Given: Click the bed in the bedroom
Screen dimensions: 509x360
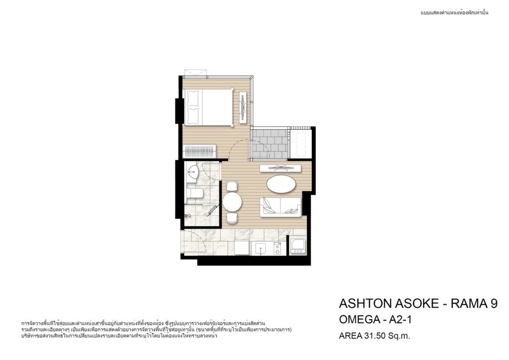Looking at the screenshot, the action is click(x=208, y=107).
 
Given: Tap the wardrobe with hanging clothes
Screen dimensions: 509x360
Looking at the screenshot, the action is click(x=200, y=150).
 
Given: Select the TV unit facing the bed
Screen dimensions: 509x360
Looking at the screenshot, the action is click(x=244, y=107).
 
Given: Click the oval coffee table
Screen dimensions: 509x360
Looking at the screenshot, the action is click(x=281, y=184).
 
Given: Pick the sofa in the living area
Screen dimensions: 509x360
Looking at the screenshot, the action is click(x=280, y=207).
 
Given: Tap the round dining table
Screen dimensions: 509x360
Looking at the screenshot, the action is click(x=233, y=202).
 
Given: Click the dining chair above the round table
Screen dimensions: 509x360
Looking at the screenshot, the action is click(x=232, y=185).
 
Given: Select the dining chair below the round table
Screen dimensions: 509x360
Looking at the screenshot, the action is click(x=232, y=218).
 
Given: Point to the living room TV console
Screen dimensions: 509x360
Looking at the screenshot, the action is click(x=280, y=168).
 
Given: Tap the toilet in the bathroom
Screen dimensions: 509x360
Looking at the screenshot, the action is click(x=194, y=193).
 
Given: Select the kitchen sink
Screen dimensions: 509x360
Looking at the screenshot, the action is click(x=260, y=249).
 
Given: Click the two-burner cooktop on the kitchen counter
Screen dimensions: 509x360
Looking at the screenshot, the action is click(x=277, y=249).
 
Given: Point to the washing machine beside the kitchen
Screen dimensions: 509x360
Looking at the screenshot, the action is click(x=298, y=246).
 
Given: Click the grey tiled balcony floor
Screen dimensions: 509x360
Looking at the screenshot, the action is click(x=270, y=144).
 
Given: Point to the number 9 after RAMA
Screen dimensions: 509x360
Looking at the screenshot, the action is click(x=494, y=303).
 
